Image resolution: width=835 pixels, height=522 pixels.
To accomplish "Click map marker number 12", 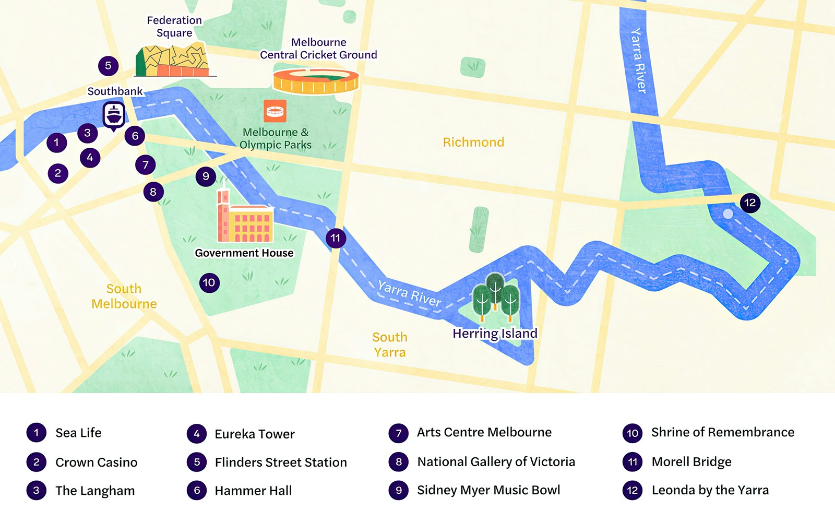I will [750, 203].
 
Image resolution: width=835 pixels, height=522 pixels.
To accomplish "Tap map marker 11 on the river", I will [336, 239].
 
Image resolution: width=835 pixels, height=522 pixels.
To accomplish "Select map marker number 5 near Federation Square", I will [108, 66].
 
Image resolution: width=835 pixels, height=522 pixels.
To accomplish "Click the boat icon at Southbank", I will [114, 114].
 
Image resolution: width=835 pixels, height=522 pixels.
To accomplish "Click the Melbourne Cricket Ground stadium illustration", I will [316, 81].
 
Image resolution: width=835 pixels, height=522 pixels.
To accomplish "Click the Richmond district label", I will [473, 143].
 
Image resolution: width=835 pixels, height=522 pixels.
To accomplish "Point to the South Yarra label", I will [390, 345].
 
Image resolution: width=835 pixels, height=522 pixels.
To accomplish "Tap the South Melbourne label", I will [124, 296].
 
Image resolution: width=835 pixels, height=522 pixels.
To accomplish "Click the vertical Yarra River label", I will [638, 61].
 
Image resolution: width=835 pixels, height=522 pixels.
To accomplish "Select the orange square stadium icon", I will [275, 111].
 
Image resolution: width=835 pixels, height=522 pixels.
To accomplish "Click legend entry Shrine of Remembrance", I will [722, 432].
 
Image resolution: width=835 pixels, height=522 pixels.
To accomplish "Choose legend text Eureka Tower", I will [255, 434].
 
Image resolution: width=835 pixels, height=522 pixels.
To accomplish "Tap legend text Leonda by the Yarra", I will [710, 490].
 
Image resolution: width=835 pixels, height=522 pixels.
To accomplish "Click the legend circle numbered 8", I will [399, 462].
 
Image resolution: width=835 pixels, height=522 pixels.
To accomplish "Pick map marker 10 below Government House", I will [209, 283].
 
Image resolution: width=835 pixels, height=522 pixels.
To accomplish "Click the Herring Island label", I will [495, 334].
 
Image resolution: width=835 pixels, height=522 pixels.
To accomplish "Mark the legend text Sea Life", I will [78, 433].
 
